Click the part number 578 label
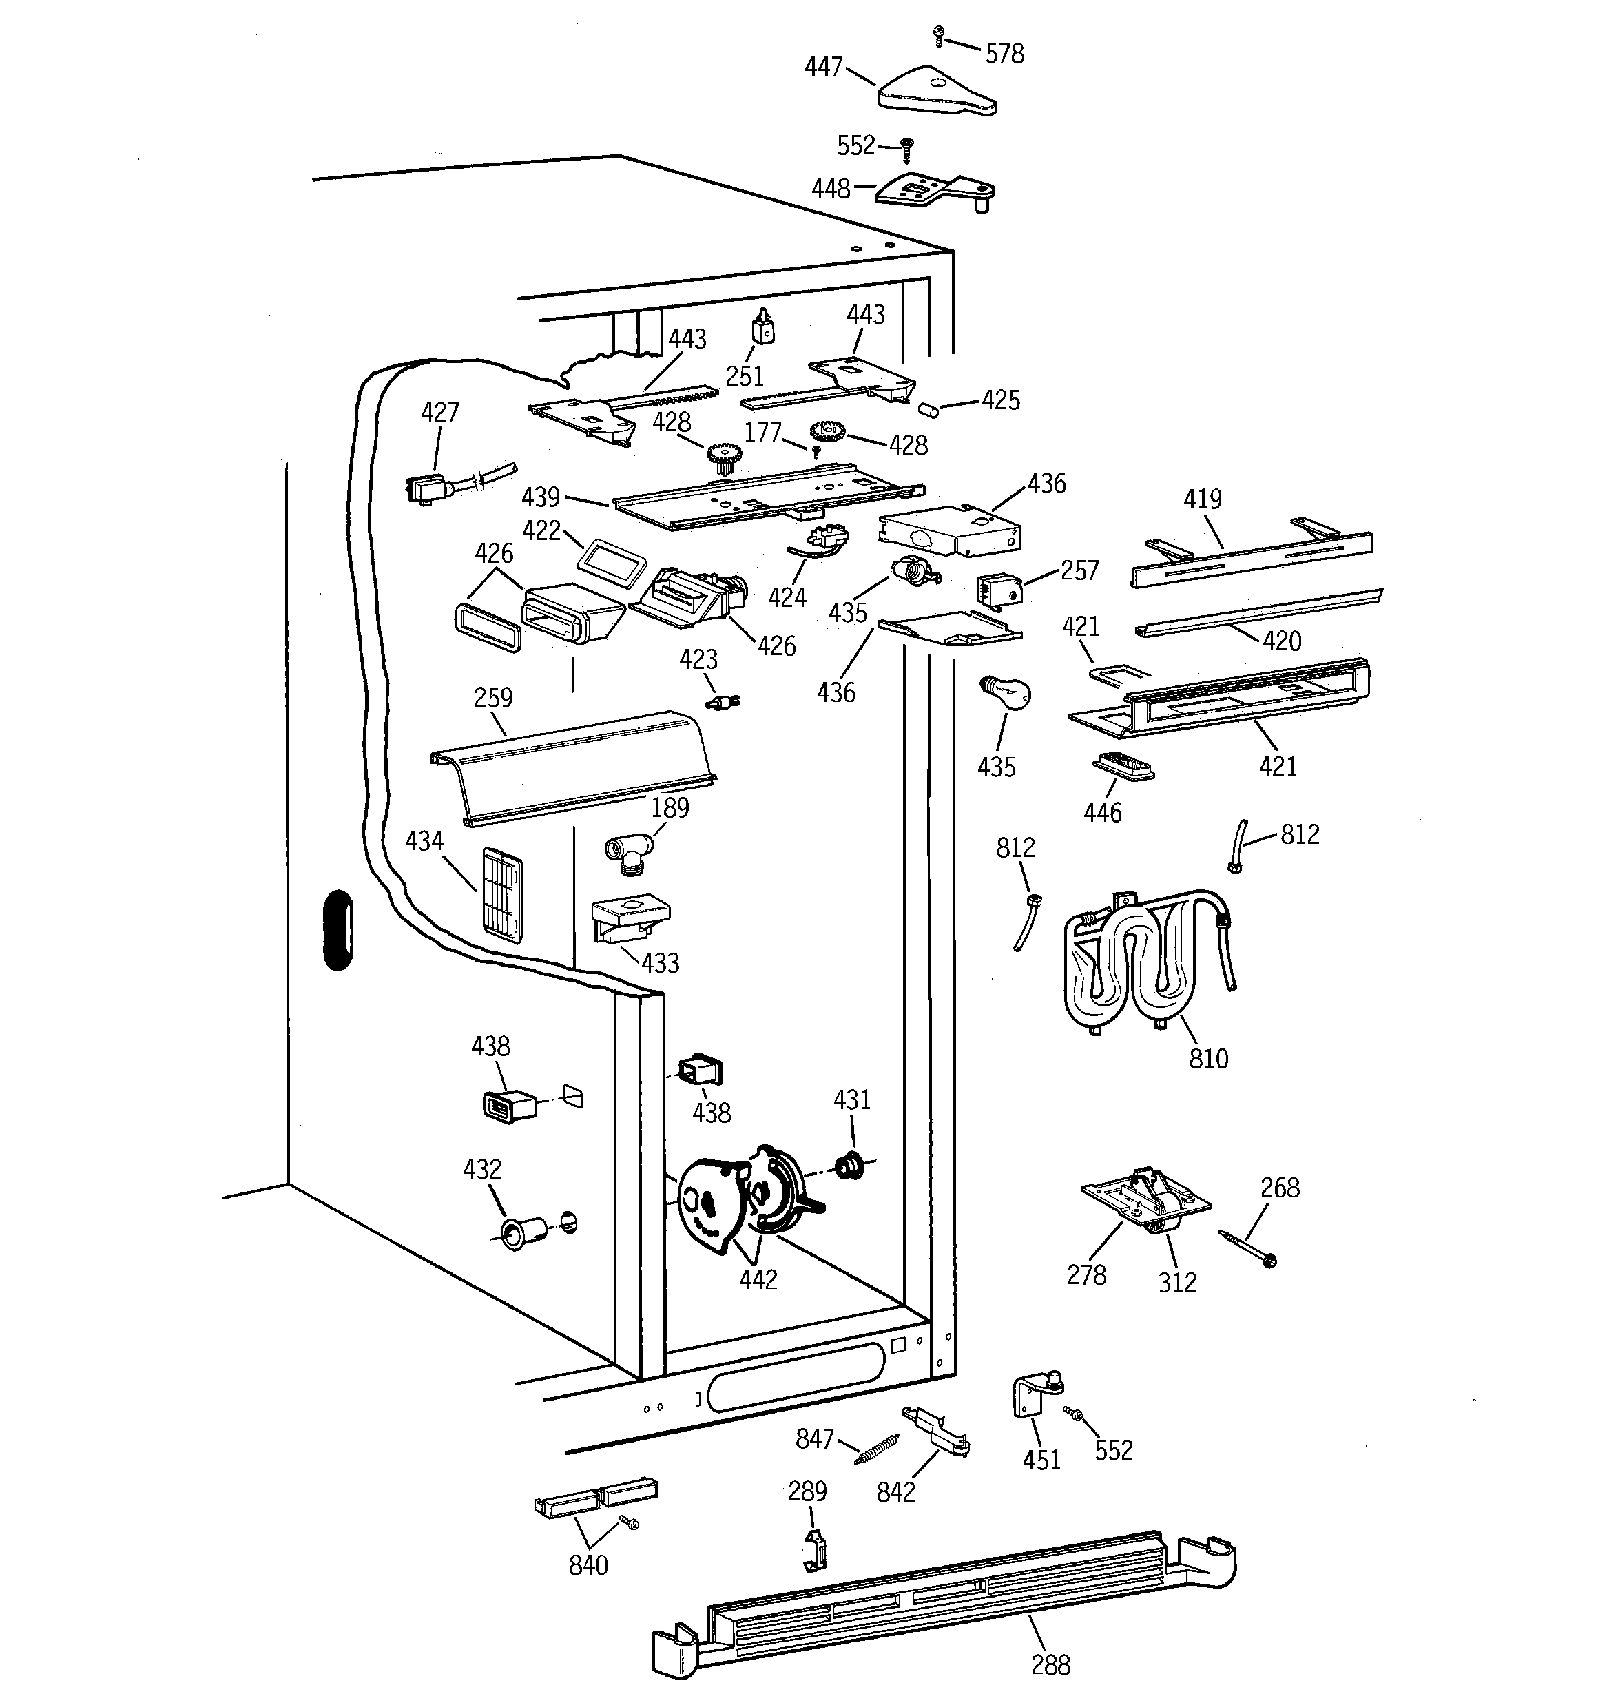pyautogui.click(x=1004, y=54)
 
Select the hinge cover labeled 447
pyautogui.click(x=937, y=92)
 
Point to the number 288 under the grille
pyautogui.click(x=1050, y=1664)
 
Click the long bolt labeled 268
pyautogui.click(x=1246, y=1248)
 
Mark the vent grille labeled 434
pyautogui.click(x=503, y=896)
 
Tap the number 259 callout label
pyautogui.click(x=493, y=697)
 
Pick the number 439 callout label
pyautogui.click(x=541, y=497)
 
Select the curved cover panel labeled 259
pyautogui.click(x=572, y=767)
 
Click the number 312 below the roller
pyautogui.click(x=1178, y=1282)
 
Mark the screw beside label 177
pyautogui.click(x=818, y=451)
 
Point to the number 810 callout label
pyautogui.click(x=1209, y=1058)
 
